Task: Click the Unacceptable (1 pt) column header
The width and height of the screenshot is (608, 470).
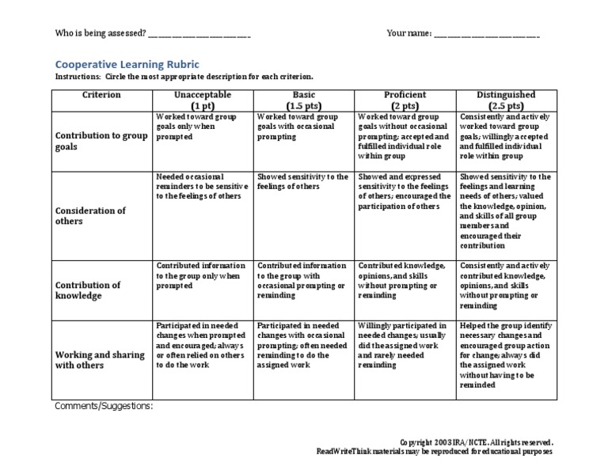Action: (x=203, y=100)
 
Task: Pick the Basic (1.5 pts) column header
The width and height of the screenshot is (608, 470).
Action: (x=304, y=100)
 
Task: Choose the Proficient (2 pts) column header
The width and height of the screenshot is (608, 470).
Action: (x=405, y=100)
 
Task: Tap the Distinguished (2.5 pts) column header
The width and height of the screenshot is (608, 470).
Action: (x=506, y=100)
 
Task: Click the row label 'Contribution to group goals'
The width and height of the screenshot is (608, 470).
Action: (x=101, y=141)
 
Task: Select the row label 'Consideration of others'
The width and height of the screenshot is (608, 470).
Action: (x=89, y=216)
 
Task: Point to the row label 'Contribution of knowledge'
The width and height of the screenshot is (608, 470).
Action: (x=89, y=290)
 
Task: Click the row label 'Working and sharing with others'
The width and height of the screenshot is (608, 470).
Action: (x=99, y=360)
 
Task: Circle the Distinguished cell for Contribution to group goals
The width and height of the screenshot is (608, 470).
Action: (x=506, y=136)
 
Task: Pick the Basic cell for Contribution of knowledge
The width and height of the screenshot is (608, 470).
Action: (x=303, y=279)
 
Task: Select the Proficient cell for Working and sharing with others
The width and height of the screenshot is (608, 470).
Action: (x=404, y=345)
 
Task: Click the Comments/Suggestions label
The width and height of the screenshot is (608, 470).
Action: (x=104, y=407)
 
